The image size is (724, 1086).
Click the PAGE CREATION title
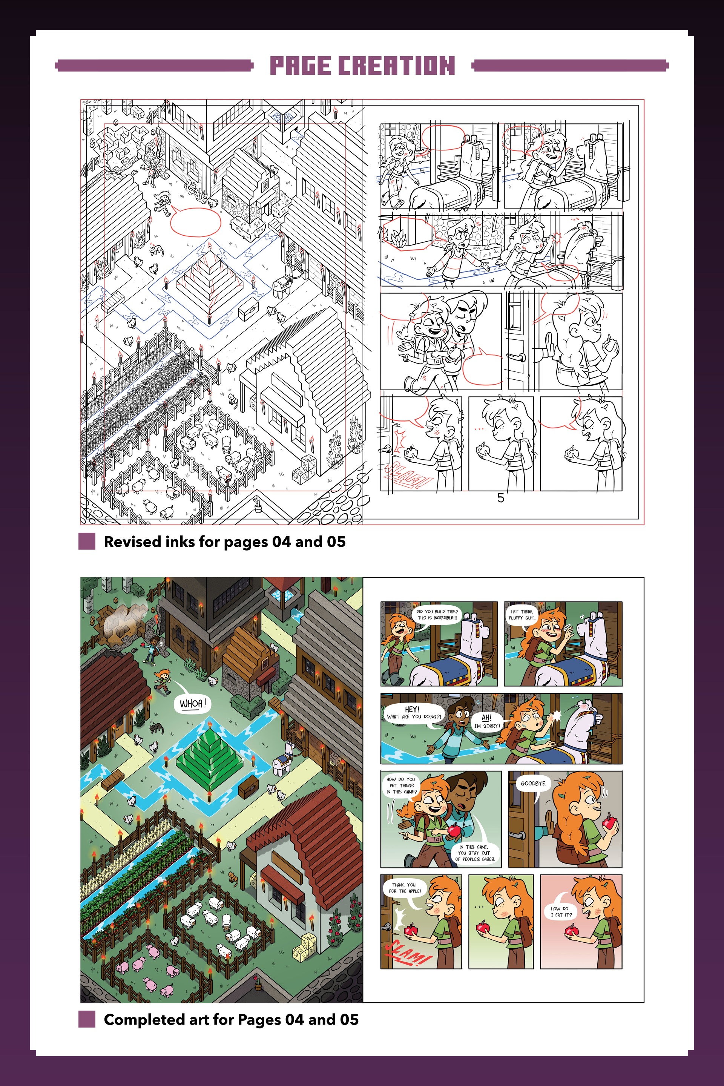[x=362, y=65]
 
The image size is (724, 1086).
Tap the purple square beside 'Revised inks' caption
[x=87, y=541]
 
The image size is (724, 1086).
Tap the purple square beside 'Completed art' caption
[x=87, y=1019]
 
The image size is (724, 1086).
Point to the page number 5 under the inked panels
[x=500, y=498]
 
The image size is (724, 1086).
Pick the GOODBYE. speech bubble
[x=533, y=784]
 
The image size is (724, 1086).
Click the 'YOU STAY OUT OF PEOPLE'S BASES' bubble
[x=475, y=852]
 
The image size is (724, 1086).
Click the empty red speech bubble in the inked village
[x=196, y=222]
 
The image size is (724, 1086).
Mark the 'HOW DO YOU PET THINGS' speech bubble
[x=401, y=785]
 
